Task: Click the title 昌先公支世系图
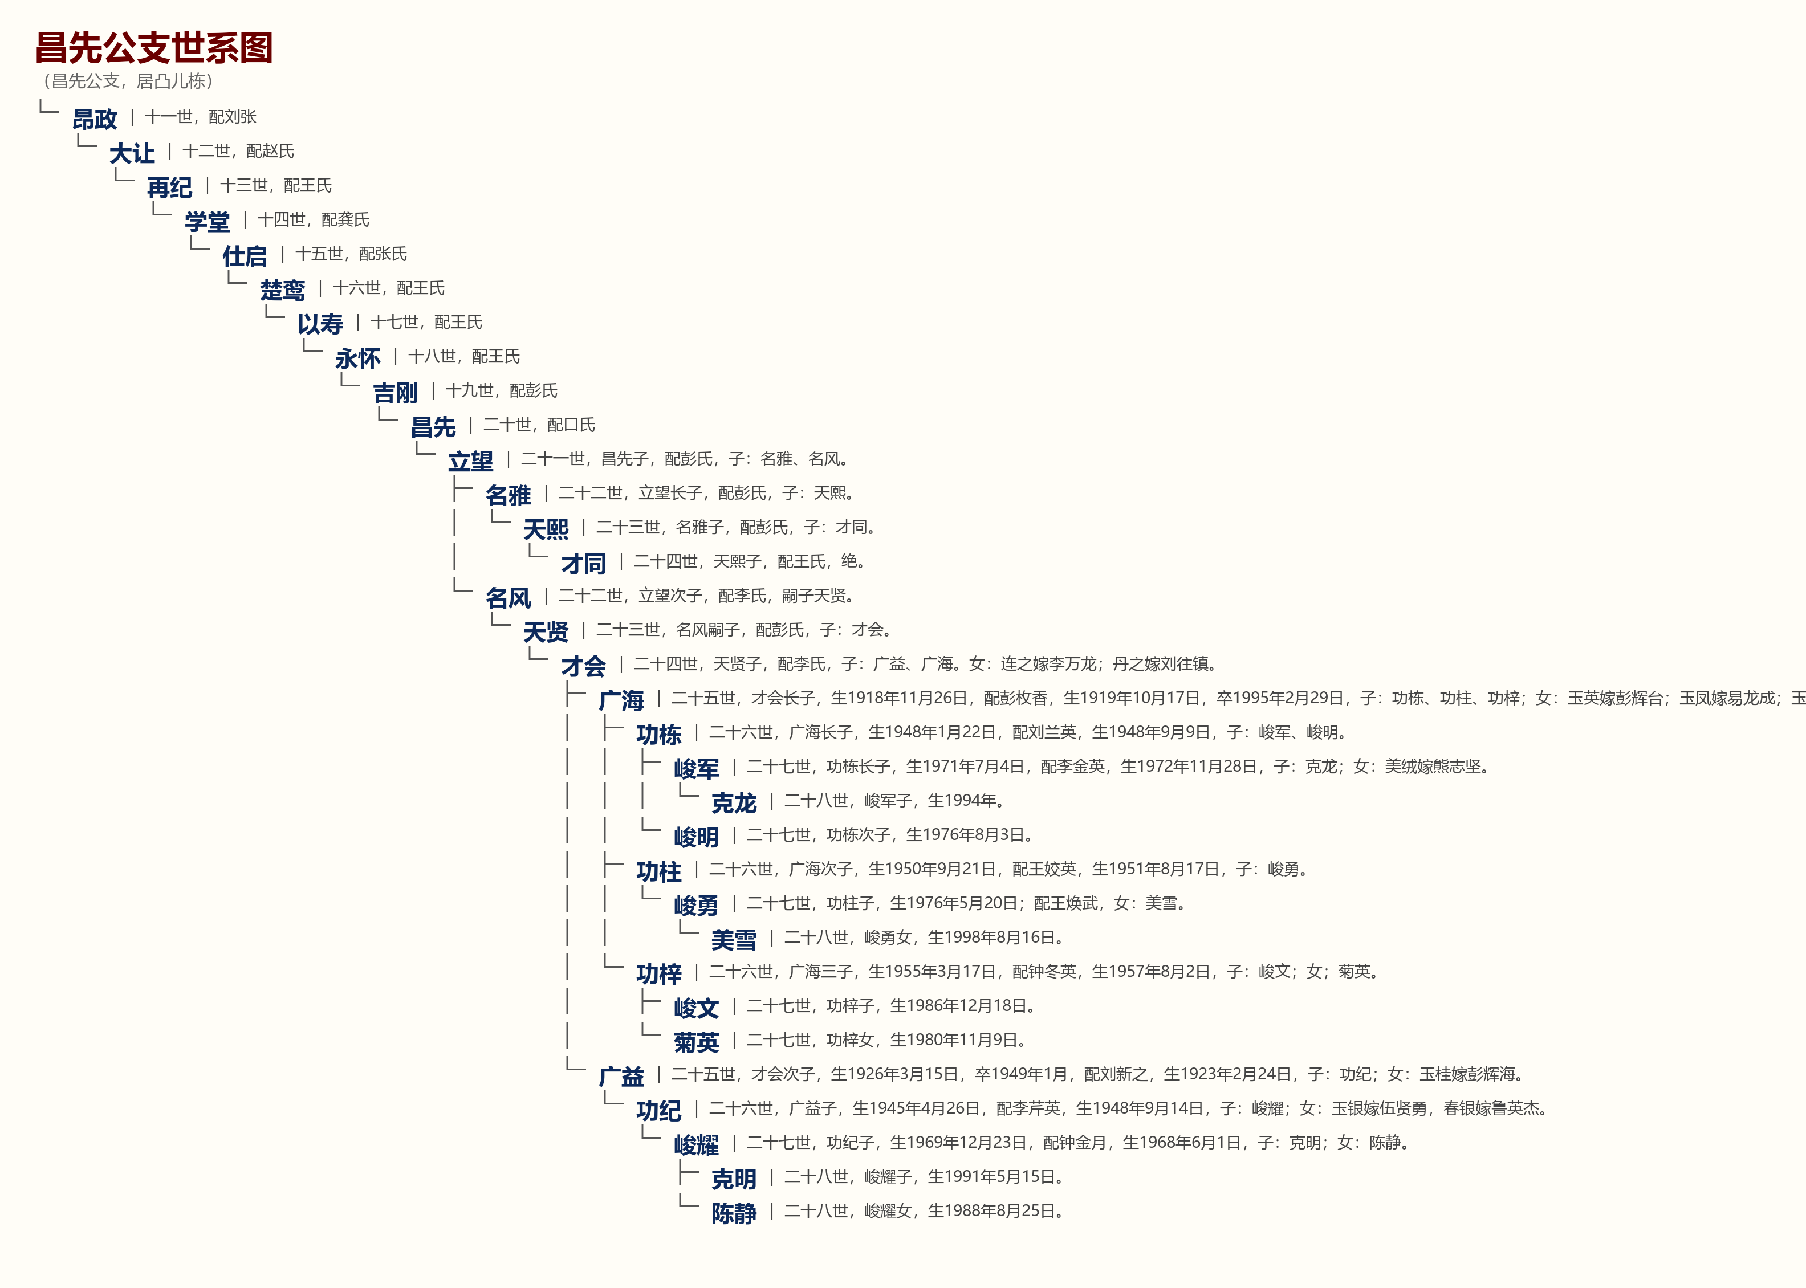click(x=154, y=47)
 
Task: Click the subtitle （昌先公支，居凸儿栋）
click(x=128, y=81)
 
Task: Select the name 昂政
click(x=95, y=119)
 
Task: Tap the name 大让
click(x=132, y=153)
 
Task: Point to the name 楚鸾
click(x=282, y=290)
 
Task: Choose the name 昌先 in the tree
click(x=433, y=427)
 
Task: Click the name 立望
click(x=470, y=461)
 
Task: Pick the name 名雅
click(x=509, y=495)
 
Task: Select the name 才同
click(x=583, y=564)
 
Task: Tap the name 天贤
click(x=546, y=632)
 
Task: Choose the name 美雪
click(x=734, y=940)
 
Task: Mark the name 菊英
click(x=697, y=1042)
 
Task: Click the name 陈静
click(x=734, y=1213)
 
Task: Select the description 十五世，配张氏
click(x=351, y=254)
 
